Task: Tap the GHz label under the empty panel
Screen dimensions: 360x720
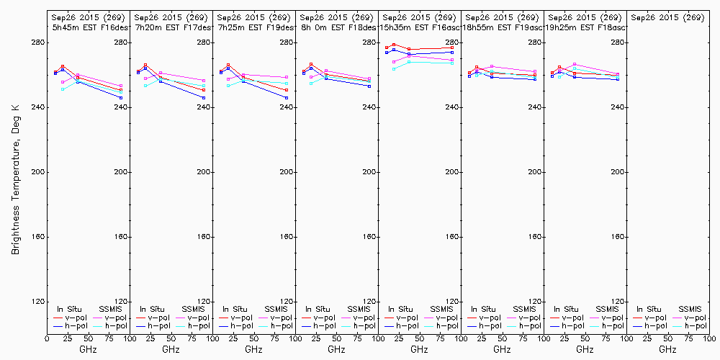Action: point(667,349)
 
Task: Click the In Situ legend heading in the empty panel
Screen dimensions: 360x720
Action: point(649,309)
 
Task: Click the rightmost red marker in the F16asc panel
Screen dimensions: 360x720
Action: point(452,48)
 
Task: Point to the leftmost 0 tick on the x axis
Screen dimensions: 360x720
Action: point(47,338)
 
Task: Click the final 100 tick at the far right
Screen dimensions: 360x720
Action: point(710,338)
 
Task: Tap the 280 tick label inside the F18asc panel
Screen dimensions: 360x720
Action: point(616,42)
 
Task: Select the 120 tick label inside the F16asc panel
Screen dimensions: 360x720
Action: point(450,302)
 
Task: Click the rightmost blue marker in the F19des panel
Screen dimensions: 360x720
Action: point(287,98)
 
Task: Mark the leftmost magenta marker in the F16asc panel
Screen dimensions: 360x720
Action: point(394,62)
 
